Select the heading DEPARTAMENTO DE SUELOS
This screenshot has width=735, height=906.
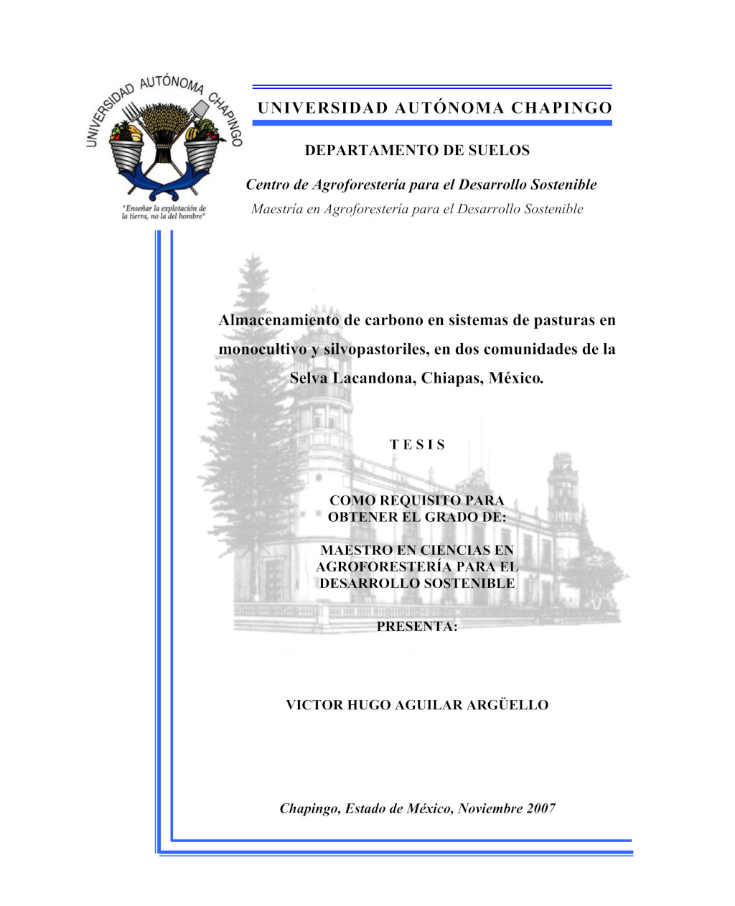(417, 151)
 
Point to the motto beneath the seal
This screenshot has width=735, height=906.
(164, 213)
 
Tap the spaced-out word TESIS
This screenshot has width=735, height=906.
(418, 445)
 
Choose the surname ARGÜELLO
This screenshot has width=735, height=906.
(507, 706)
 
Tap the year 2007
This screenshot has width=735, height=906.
(540, 809)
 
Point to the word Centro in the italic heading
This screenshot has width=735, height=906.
(267, 185)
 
